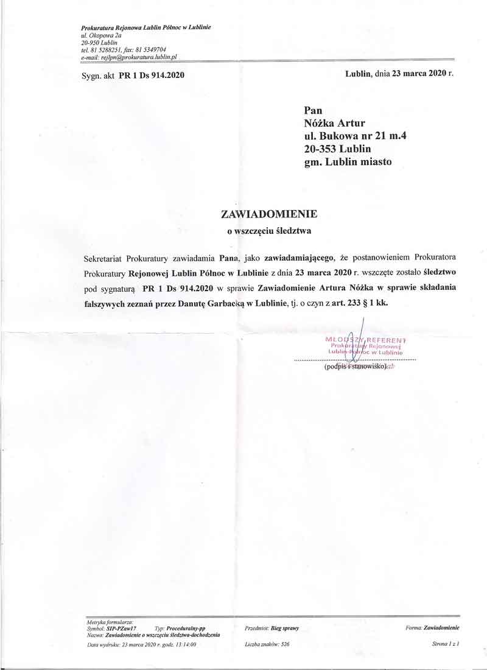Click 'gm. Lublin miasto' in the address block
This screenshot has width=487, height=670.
[348, 162]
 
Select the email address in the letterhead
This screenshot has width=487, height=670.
[128, 56]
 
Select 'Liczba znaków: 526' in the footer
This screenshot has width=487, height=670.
[267, 643]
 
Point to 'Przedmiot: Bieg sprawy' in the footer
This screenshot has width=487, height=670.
[272, 627]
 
